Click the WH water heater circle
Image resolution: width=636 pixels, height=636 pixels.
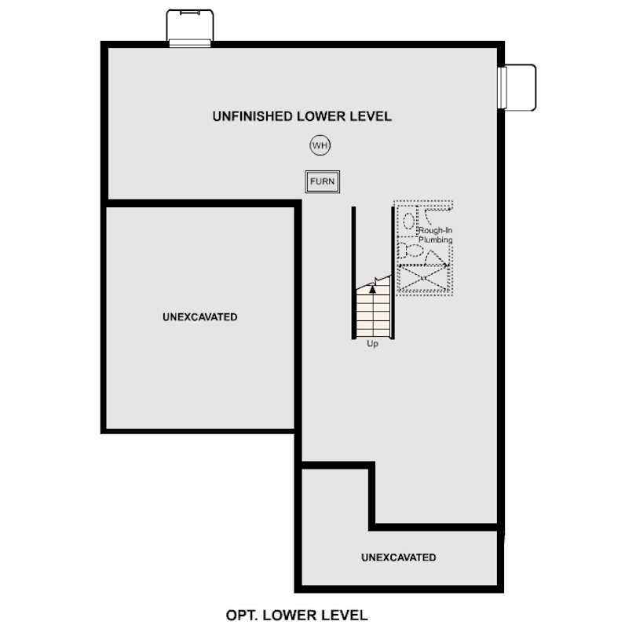click(x=320, y=145)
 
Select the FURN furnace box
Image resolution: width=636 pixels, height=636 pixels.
click(x=322, y=181)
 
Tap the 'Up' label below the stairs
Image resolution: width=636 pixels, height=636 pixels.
click(x=372, y=343)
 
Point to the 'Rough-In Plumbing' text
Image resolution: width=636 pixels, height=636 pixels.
click(x=435, y=235)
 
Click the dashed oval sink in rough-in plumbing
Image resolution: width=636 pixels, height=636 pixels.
click(x=408, y=221)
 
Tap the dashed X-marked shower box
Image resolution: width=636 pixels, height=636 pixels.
click(x=424, y=279)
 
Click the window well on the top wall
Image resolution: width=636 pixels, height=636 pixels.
click(x=190, y=28)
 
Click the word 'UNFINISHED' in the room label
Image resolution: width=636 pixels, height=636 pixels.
click(x=251, y=116)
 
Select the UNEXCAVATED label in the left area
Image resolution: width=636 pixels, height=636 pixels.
click(x=200, y=317)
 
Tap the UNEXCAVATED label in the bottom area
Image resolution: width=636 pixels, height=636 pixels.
click(x=398, y=557)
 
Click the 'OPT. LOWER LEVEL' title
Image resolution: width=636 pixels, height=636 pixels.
click(x=296, y=615)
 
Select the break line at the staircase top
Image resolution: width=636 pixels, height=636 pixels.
click(x=375, y=282)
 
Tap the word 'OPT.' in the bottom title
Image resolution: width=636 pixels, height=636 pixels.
click(x=241, y=615)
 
